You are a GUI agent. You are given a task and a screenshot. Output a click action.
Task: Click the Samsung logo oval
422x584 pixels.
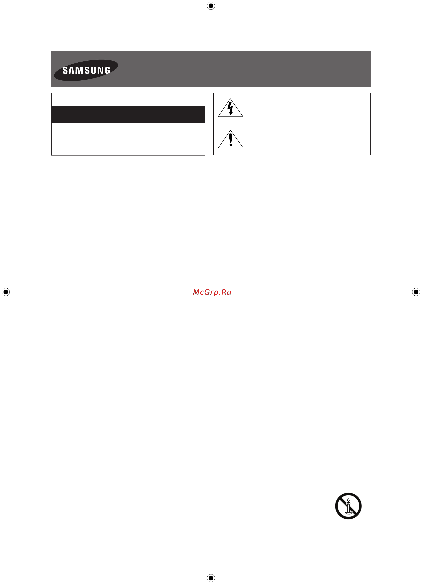[x=86, y=70]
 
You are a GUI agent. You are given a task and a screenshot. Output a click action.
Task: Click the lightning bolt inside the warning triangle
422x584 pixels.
[x=230, y=108]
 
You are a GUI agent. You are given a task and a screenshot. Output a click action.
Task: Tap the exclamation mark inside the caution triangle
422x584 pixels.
[x=231, y=139]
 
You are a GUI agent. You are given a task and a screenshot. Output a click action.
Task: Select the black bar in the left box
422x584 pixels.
[x=128, y=114]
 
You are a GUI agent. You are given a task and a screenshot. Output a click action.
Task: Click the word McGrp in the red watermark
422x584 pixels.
[x=205, y=292]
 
